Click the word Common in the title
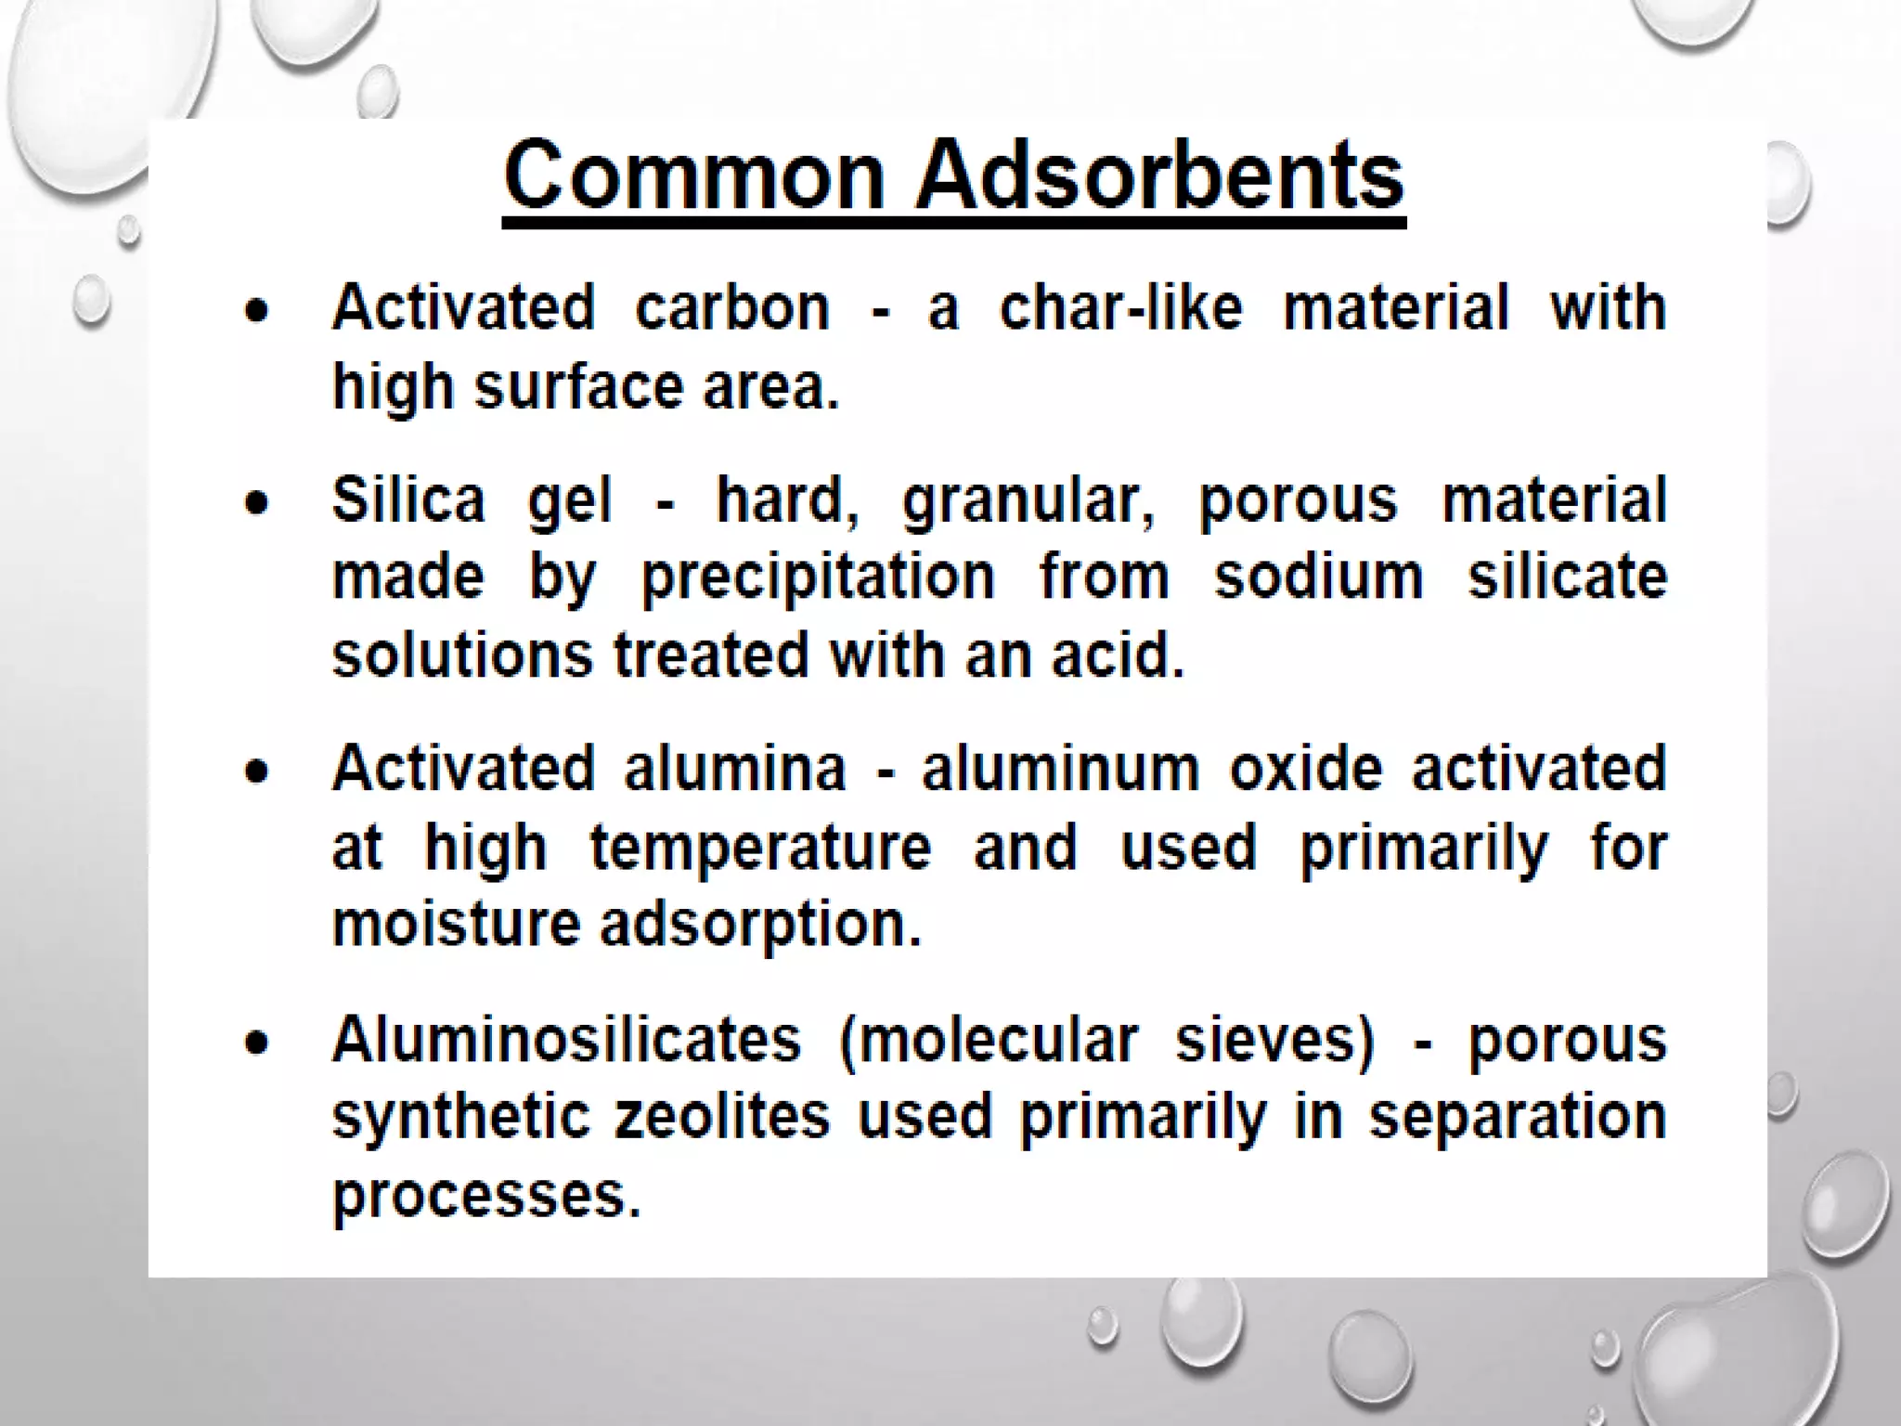[694, 176]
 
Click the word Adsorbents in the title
[1159, 176]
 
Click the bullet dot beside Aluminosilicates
[257, 1043]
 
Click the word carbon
[732, 308]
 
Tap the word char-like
[1120, 308]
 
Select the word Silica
[408, 500]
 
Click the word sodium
[1318, 577]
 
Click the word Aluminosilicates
[566, 1039]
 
